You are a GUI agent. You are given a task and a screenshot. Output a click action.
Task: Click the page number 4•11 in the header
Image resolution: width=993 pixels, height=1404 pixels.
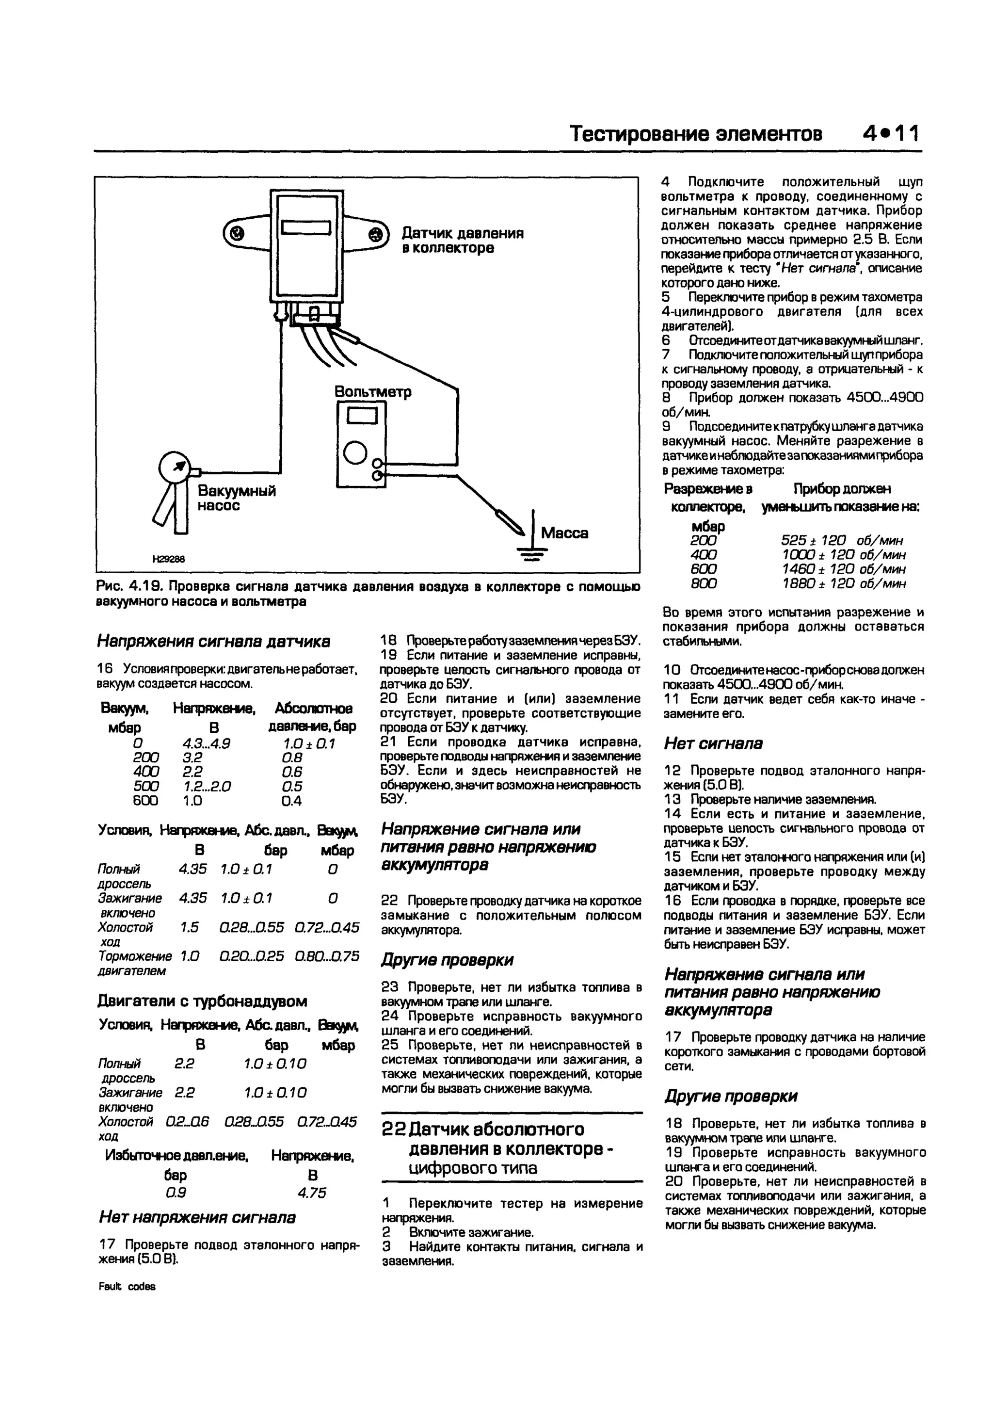(x=892, y=133)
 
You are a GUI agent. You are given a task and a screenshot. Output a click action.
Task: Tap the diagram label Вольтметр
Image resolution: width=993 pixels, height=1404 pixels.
(x=372, y=391)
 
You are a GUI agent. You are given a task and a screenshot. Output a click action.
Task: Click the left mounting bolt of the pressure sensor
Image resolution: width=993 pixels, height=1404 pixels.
(x=236, y=233)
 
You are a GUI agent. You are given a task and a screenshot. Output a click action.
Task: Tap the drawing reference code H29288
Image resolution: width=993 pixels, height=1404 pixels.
(x=169, y=559)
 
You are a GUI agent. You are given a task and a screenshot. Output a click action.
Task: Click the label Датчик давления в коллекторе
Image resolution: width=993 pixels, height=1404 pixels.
(x=462, y=241)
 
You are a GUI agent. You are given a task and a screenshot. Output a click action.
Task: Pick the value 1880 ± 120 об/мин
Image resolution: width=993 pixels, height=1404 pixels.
(x=844, y=583)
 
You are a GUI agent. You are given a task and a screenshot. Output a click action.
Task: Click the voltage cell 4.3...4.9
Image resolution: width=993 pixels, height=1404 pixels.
(x=206, y=743)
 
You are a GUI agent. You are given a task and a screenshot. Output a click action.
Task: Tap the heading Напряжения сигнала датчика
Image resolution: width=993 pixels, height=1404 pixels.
(x=213, y=642)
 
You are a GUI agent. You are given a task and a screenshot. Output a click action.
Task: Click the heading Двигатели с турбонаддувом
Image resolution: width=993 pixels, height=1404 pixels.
(x=202, y=1001)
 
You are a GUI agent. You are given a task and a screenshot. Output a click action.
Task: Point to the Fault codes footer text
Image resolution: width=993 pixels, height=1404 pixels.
(x=127, y=1286)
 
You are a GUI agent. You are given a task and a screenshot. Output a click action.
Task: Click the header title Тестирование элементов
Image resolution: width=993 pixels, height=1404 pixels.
(x=696, y=133)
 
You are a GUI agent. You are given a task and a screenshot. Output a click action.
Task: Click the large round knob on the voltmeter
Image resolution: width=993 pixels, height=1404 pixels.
(x=355, y=453)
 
